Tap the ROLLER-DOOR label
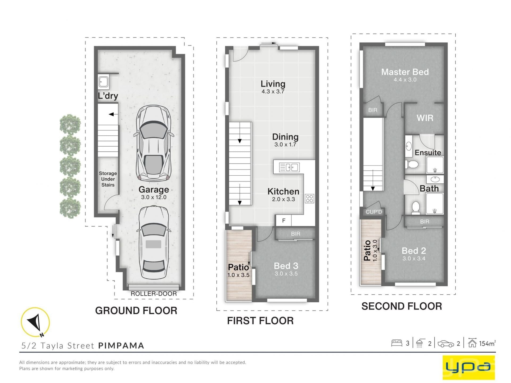coord(154,294)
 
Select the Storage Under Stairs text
coord(108,179)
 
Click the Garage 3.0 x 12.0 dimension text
coord(154,197)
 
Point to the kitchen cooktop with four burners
coord(309,198)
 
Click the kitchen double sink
coord(289,167)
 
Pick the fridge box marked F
coord(284,220)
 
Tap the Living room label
coord(273,84)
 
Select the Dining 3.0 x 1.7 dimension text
coord(285,145)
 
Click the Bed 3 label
coord(286,266)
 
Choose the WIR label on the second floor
coord(425,118)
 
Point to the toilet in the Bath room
coord(415,207)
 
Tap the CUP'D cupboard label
coord(374,212)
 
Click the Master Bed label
coord(405,72)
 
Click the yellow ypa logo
coord(468,367)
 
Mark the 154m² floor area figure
coord(487,343)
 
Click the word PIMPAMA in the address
coord(121,345)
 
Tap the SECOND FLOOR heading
coord(402,306)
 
